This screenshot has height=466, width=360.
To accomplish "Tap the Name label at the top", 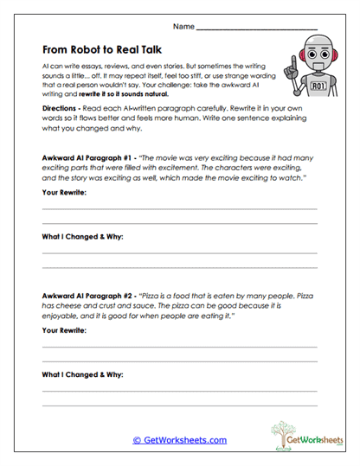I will [x=183, y=28].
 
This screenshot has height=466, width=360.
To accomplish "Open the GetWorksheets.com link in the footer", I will [x=179, y=440].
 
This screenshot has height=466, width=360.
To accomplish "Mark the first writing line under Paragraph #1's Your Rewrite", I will [x=179, y=210].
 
